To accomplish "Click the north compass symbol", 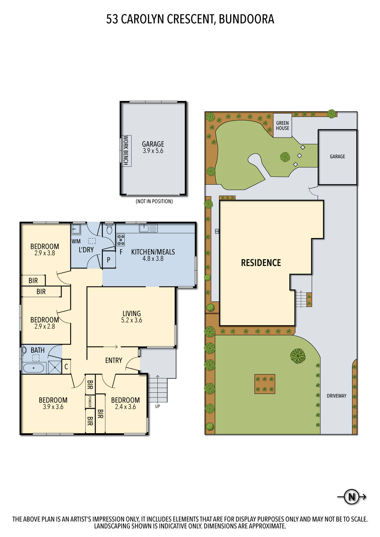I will tap(352, 497).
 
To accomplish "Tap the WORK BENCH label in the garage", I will tap(126, 150).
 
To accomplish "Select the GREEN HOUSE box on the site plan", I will tap(282, 125).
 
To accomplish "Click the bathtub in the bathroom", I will tap(34, 368).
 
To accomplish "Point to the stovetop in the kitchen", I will tap(121, 240).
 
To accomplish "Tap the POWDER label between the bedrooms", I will tap(90, 401).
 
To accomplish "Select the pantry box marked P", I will tap(109, 260).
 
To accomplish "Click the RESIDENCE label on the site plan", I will tap(261, 263).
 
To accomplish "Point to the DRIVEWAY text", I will tap(336, 396).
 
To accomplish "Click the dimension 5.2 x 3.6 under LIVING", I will tap(132, 320).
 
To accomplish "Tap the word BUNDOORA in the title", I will tap(246, 19).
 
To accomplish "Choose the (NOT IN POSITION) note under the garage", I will tap(154, 202).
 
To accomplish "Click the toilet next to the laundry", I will tap(109, 229).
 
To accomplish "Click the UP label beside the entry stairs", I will tap(157, 406).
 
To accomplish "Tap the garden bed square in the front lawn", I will tap(265, 384).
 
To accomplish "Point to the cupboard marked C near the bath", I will tap(66, 367).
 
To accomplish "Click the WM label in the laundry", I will tap(76, 241).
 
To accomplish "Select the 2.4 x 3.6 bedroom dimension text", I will tap(125, 407).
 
